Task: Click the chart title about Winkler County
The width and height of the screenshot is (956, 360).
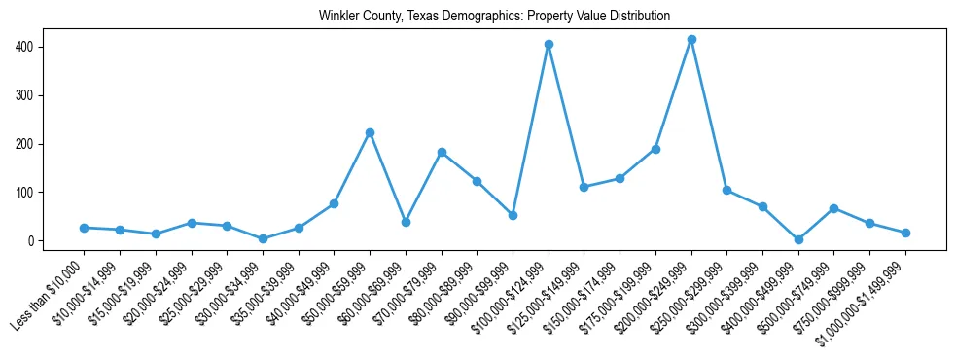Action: coord(495,16)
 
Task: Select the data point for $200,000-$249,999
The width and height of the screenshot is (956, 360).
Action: coord(691,40)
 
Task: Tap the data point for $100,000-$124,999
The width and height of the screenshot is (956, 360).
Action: coord(549,45)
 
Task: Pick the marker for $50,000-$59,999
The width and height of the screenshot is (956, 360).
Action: coord(370,132)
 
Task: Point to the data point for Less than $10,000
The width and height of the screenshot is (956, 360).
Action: coord(84,228)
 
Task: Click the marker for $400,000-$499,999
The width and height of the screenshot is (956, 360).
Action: coord(798,239)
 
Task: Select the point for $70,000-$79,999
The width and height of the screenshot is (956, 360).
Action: coord(442,152)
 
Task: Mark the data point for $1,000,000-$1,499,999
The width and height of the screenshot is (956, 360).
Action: coord(905,233)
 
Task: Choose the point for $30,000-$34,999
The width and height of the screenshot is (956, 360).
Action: coord(263,238)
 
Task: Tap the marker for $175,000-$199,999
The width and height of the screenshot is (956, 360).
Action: coord(655,149)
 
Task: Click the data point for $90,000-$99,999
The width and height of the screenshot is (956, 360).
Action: coord(513,215)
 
